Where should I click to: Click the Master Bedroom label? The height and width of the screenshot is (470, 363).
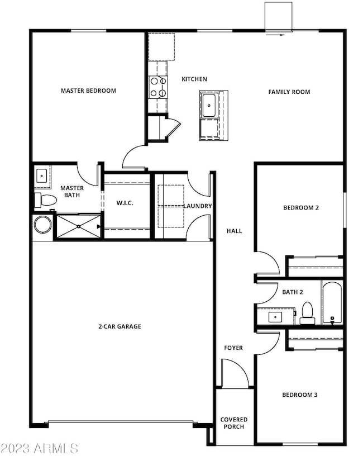click(88, 91)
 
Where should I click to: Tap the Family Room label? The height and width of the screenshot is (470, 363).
click(289, 92)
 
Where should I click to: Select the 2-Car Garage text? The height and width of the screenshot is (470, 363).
click(120, 326)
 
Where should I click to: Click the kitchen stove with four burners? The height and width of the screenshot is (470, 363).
click(158, 87)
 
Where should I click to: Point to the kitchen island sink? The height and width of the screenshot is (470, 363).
click(209, 106)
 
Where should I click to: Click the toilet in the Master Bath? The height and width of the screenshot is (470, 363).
click(45, 200)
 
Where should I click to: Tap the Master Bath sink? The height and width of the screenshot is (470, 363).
click(41, 176)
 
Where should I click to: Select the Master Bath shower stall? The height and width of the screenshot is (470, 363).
click(79, 226)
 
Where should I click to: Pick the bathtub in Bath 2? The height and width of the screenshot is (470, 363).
click(332, 302)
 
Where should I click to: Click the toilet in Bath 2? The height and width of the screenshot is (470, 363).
click(307, 313)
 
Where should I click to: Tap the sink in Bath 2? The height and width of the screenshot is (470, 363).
click(275, 317)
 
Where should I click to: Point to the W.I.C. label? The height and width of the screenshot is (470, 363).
click(125, 203)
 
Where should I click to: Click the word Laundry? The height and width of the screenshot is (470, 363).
click(198, 206)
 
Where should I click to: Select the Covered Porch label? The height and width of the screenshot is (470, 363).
click(234, 423)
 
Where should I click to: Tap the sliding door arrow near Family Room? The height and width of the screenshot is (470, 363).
click(275, 35)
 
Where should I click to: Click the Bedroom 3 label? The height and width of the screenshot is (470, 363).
click(300, 395)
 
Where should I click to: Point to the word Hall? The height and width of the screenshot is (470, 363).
click(234, 231)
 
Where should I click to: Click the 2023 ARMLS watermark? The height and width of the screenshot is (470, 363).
click(40, 448)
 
